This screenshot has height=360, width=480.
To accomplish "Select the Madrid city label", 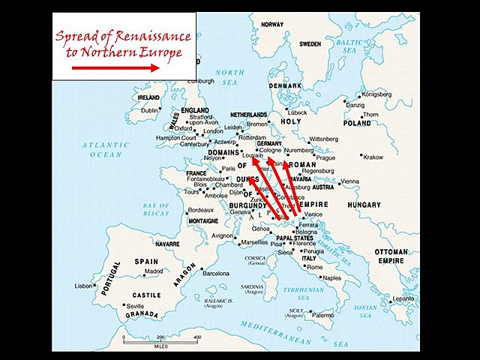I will click(x=153, y=271).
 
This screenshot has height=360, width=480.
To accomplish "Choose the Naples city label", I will click(x=331, y=277).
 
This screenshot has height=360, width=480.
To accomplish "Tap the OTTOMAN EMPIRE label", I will click(x=391, y=256).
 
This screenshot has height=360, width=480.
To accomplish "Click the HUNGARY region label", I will click(x=363, y=204).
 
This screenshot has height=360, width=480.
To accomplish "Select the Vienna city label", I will click(x=349, y=181).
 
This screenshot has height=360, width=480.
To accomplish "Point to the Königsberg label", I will click(x=375, y=95).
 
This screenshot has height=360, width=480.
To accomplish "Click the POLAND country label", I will click(x=357, y=123).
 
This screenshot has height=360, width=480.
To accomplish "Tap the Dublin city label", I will click(x=150, y=110).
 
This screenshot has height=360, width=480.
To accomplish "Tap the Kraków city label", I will click(x=372, y=157).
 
